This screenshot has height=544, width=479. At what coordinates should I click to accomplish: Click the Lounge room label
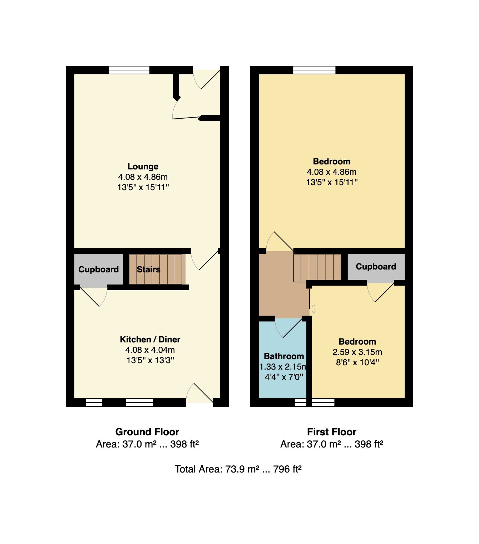click(143, 167)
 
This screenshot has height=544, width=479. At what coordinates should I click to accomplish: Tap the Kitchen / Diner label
click(150, 340)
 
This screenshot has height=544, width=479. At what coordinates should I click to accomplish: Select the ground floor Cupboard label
click(98, 269)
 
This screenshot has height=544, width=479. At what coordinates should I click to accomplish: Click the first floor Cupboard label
click(376, 267)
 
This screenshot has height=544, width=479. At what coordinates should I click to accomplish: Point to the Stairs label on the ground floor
click(149, 269)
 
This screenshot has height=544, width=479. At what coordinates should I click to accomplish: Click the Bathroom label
click(284, 356)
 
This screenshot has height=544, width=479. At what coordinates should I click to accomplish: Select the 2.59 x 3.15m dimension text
click(357, 352)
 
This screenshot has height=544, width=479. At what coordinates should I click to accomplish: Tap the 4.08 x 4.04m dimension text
click(150, 350)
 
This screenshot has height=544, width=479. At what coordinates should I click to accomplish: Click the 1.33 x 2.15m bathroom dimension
click(283, 367)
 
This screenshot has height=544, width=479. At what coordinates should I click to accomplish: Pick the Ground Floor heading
click(147, 432)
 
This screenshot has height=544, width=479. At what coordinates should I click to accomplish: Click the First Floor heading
click(331, 432)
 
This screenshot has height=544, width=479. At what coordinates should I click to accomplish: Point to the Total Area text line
click(238, 469)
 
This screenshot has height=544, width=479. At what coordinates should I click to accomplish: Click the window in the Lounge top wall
click(129, 70)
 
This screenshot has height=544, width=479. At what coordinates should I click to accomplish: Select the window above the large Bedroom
click(314, 70)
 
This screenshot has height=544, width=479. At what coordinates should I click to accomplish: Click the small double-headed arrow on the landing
click(314, 309)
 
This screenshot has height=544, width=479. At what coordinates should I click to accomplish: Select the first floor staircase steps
click(317, 267)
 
